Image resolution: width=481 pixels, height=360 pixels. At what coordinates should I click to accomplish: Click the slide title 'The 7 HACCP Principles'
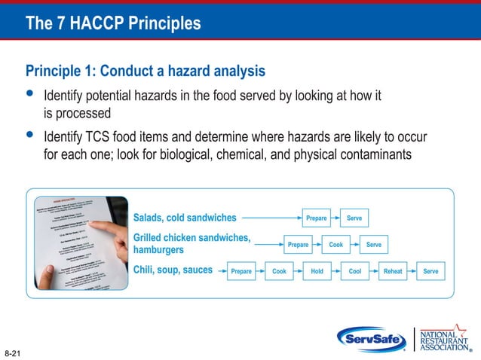[113, 23]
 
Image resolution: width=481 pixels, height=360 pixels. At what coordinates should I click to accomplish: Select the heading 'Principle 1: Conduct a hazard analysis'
[145, 72]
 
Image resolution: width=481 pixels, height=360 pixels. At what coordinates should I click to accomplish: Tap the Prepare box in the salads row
[317, 218]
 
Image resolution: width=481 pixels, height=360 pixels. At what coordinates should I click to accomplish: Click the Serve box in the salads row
[354, 218]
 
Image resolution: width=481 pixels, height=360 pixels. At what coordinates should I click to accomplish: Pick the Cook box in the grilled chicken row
[336, 245]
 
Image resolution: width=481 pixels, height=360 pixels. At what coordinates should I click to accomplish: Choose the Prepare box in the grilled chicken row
[299, 245]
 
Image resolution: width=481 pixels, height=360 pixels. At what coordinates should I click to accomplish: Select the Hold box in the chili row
[317, 271]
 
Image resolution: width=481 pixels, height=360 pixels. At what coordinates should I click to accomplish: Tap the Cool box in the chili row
[354, 271]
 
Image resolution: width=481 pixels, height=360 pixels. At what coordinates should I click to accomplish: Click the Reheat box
[393, 271]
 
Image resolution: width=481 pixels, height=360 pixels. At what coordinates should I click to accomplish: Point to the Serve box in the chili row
[430, 271]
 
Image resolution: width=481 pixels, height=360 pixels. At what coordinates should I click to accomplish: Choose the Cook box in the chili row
[279, 271]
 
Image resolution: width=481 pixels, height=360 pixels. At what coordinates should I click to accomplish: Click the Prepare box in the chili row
[241, 271]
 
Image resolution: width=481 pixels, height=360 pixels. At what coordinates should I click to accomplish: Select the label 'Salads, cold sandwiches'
[185, 218]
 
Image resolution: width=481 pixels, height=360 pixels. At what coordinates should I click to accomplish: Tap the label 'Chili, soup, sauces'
[173, 270]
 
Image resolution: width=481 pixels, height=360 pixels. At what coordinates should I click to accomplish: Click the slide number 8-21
[12, 352]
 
